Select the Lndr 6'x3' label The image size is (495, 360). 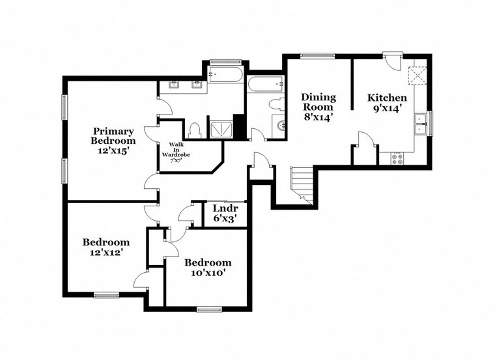click(225, 214)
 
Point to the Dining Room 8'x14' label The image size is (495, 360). click(317, 107)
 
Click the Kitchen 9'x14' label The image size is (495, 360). click(388, 103)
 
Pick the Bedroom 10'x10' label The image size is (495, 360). click(207, 268)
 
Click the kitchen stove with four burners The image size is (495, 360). click(397, 157)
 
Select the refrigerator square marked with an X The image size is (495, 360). click(416, 75)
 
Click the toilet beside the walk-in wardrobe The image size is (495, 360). click(195, 129)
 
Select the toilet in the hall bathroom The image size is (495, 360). click(275, 104)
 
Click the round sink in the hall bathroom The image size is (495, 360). click(281, 126)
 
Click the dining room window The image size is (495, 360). click(317, 55)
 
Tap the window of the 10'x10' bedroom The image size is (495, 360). click(209, 309)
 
